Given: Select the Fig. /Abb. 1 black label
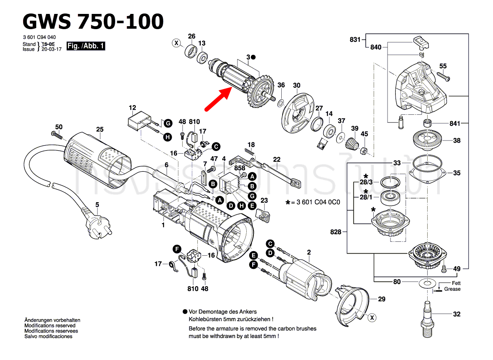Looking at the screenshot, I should coord(86,46).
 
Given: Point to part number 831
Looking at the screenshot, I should coord(355,40).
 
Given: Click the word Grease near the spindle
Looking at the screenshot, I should coord(452,289).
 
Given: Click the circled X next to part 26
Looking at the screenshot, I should coord(176,43).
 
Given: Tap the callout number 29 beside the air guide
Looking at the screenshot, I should coord(381,299).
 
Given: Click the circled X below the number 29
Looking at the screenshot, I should coord(372,317).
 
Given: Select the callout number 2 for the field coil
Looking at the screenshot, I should coord(309,252).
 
